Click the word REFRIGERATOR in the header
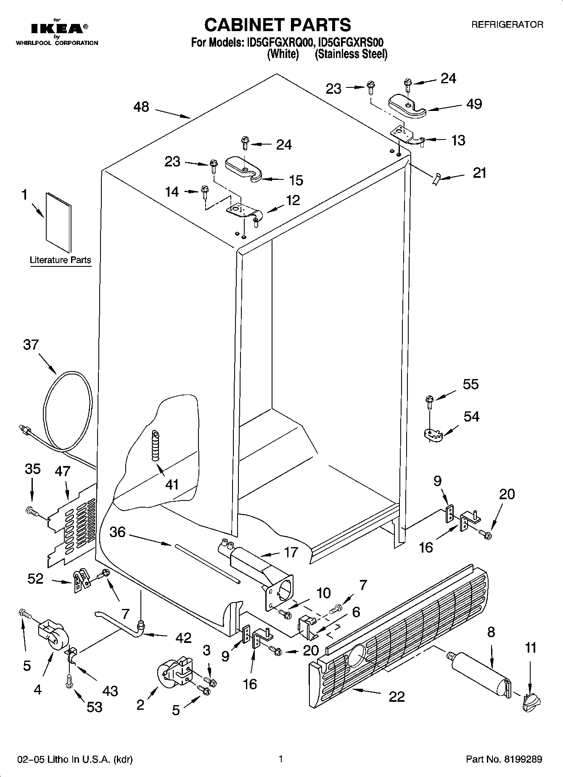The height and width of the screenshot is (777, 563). [x=507, y=25]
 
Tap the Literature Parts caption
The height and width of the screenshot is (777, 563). [x=60, y=260]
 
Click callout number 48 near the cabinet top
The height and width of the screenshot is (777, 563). [x=141, y=107]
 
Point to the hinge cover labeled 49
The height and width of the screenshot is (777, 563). [x=407, y=105]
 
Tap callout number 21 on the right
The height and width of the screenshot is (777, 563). [x=479, y=173]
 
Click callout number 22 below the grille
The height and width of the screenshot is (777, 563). [x=396, y=696]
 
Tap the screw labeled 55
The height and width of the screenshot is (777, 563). [x=429, y=402]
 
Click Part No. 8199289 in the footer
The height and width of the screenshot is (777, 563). [x=504, y=759]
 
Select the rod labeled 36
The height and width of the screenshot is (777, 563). [x=206, y=563]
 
